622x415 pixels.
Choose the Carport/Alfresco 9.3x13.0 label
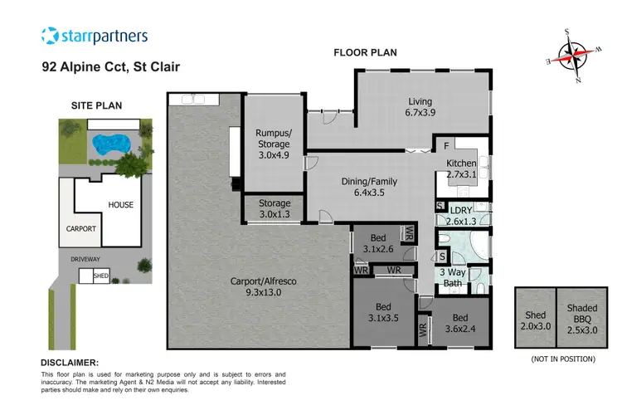pyautogui.click(x=262, y=286)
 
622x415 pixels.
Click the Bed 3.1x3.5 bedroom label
pyautogui.click(x=383, y=310)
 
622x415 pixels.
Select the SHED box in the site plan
pyautogui.click(x=101, y=275)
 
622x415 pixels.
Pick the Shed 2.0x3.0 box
pyautogui.click(x=534, y=319)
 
